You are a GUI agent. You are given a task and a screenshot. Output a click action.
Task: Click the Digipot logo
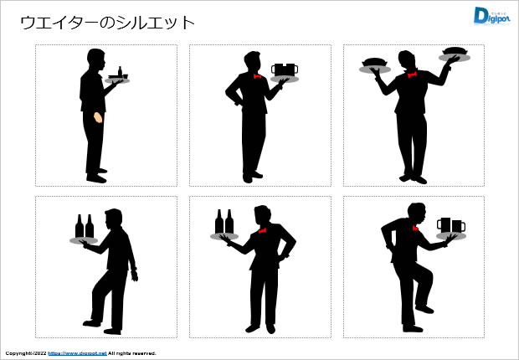491,16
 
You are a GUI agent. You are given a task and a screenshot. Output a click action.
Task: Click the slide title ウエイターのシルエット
108,23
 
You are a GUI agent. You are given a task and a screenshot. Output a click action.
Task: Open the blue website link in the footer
78,353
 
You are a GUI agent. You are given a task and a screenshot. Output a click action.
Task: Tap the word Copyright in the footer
17,353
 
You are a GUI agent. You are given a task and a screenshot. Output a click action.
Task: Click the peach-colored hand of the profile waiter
98,117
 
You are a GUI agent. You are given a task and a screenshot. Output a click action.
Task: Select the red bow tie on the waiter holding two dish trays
412,75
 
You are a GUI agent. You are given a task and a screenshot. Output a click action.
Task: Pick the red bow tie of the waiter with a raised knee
415,228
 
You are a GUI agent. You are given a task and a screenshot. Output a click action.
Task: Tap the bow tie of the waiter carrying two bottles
263,230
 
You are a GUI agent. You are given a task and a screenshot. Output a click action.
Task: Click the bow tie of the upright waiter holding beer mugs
257,76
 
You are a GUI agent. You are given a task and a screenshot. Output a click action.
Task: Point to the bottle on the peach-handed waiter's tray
120,71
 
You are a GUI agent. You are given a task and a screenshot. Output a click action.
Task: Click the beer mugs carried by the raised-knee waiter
451,225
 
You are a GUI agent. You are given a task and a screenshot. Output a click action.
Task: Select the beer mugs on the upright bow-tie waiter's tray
285,69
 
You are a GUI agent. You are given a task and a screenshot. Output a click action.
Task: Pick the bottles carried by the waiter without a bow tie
85,226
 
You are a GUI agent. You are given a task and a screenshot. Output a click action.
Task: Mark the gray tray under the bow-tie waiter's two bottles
224,236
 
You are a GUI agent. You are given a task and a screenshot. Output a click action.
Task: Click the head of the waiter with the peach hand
96,59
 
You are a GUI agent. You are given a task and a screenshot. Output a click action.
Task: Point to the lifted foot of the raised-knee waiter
424,309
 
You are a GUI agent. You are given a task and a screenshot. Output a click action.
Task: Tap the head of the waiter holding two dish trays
407,60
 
